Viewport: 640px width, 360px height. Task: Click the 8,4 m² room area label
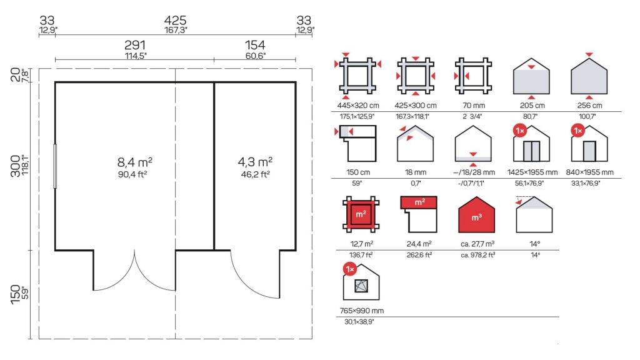click(x=135, y=162)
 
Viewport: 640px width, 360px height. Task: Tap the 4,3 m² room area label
click(x=255, y=162)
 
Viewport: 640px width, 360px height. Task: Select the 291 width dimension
click(x=135, y=45)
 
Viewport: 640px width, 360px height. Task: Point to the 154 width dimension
click(x=255, y=45)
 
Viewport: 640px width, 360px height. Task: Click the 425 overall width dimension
click(x=176, y=20)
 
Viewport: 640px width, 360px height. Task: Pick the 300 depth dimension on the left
click(x=16, y=166)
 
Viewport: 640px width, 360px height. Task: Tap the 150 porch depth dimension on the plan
click(x=16, y=294)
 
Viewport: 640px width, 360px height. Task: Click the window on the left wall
click(x=55, y=166)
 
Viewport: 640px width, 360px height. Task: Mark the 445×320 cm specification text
click(x=358, y=105)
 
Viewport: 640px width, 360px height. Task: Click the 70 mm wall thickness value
click(x=474, y=105)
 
